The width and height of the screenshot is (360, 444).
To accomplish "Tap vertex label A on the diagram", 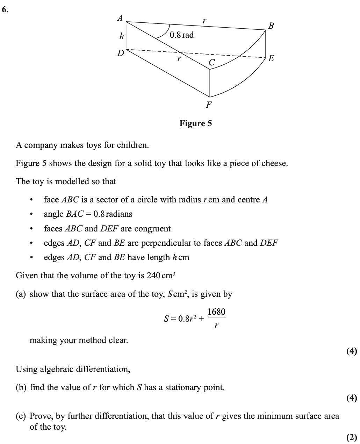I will pos(120,17).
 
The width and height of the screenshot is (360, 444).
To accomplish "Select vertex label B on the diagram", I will pos(271,26).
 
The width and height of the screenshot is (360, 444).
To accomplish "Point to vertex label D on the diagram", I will pos(120,53).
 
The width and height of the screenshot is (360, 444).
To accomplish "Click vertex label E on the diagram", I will pos(271,58).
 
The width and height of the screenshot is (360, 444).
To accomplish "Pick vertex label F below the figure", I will pos(209,104).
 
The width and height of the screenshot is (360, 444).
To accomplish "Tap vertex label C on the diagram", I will pos(211,63).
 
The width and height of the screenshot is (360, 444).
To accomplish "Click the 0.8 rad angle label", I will pos(181,35).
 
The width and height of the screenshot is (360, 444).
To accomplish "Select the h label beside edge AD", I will pos(122,36).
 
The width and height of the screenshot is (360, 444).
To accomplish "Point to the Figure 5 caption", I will pos(195,123).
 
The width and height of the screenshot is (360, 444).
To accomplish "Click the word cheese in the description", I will pos(274,163).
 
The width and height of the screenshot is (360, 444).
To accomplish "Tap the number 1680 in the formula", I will pos(216,311).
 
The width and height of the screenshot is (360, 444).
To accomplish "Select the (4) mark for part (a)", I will pos(352,351).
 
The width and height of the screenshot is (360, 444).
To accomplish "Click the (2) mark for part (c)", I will pos(352,437).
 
